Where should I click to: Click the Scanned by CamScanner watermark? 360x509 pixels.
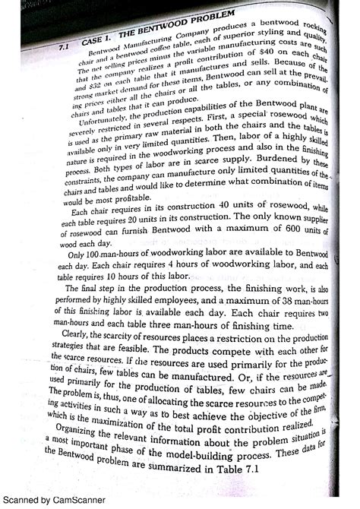(49, 500)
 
